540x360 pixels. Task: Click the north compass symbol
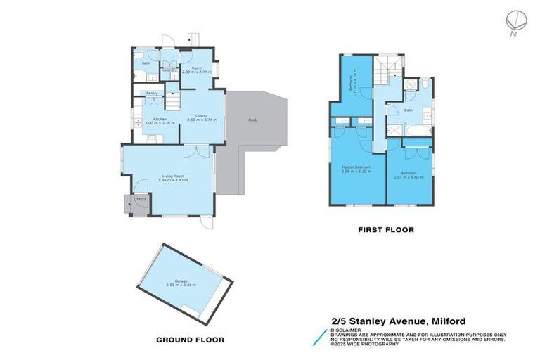515,20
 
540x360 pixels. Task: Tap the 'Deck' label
252,120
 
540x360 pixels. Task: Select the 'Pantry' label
150,94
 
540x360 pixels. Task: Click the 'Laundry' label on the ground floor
169,70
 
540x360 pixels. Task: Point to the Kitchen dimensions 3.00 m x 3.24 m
155,124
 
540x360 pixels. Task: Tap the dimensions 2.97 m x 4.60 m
409,176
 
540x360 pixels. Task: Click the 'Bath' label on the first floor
409,110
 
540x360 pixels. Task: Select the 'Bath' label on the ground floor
146,63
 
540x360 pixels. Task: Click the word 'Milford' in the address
444,321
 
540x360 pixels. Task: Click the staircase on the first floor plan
385,70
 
